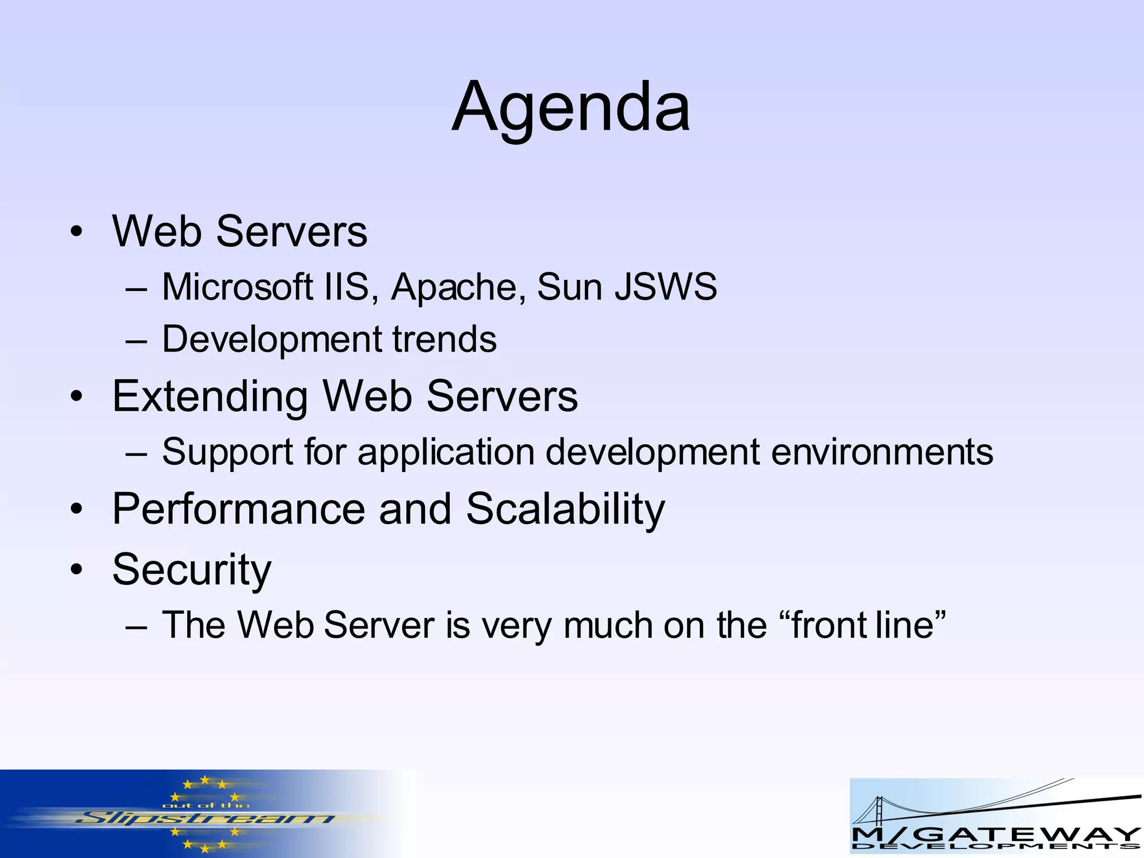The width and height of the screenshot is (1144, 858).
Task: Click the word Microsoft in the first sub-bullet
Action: [x=237, y=287]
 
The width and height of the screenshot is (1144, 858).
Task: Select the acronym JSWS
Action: [x=665, y=287]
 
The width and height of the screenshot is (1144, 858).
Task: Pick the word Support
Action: [x=227, y=452]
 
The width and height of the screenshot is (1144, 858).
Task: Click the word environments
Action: [x=882, y=452]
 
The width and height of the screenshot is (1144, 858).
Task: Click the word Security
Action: [x=192, y=570]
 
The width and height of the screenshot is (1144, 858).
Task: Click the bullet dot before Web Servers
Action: [x=77, y=232]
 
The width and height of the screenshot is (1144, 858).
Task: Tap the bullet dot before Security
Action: [x=77, y=570]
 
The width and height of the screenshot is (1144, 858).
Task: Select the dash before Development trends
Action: [x=136, y=341]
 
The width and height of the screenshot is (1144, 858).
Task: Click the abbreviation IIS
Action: [x=347, y=287]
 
